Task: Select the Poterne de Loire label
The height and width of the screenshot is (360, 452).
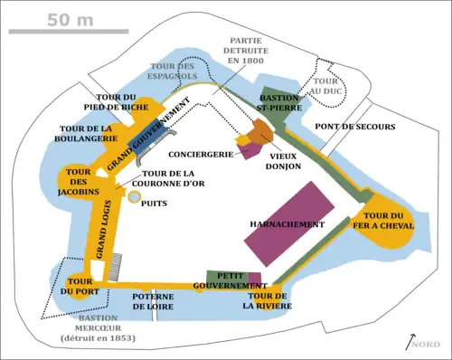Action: tap(154, 302)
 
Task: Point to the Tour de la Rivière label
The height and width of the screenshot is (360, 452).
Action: tap(269, 301)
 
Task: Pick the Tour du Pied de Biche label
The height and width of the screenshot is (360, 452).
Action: tap(117, 102)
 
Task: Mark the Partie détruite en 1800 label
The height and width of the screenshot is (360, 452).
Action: tap(247, 52)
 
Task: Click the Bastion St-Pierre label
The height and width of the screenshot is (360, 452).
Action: tap(277, 102)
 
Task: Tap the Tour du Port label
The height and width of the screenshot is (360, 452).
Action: tap(79, 285)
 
